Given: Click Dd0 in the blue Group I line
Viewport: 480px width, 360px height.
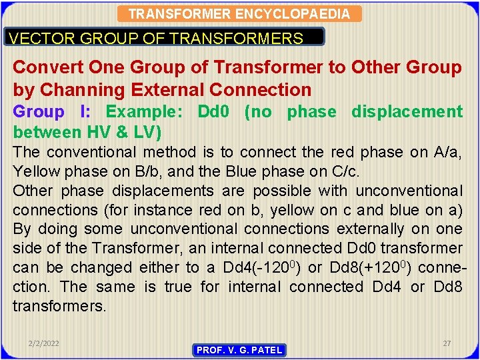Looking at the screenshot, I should tap(214, 112).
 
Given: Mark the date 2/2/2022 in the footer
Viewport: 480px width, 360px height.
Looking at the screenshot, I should tap(43, 343).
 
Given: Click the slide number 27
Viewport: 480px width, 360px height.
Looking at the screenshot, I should tap(447, 343).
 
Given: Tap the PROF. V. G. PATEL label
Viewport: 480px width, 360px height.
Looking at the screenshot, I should tap(239, 350).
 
